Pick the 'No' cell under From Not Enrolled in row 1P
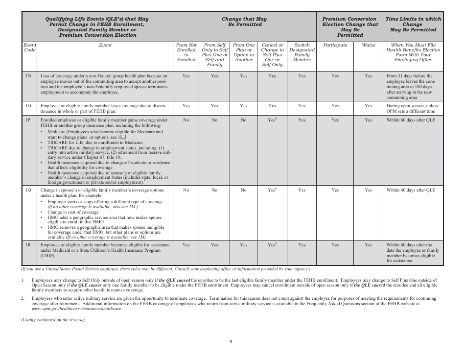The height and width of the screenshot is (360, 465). (186, 120)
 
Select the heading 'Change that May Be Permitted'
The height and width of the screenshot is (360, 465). (244, 22)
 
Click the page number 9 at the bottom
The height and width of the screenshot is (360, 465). (231, 341)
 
